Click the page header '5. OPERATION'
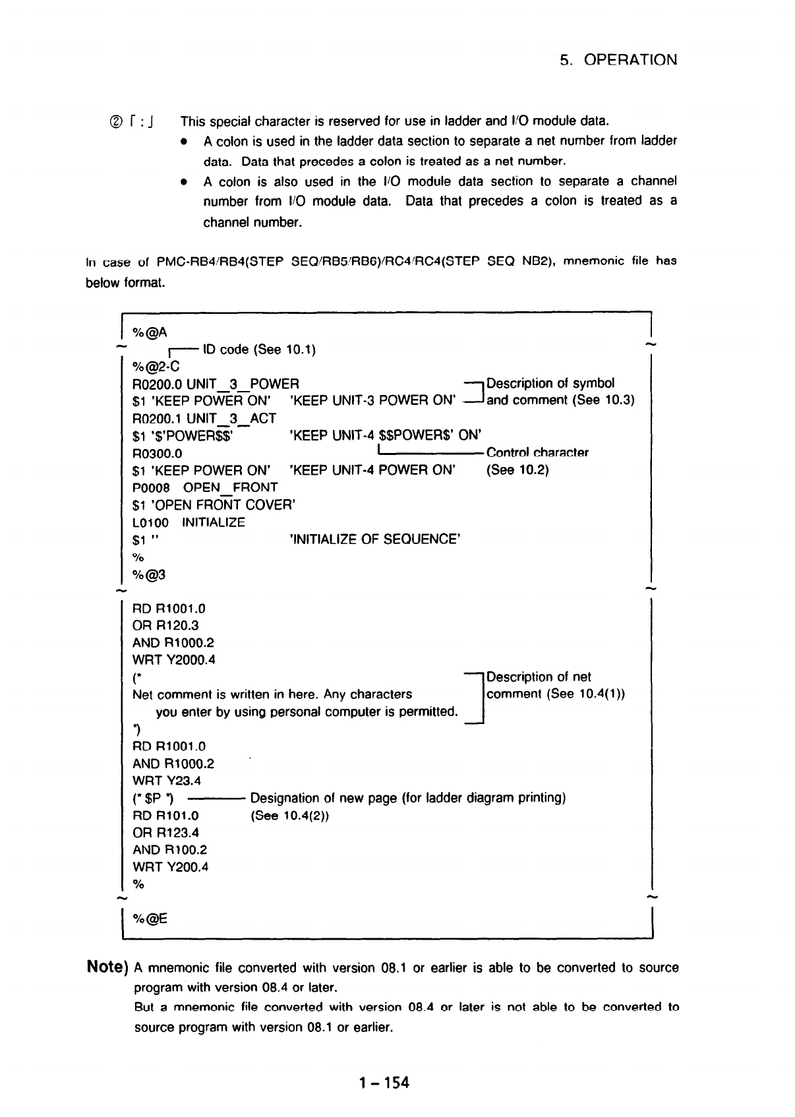click(x=618, y=60)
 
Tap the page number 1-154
click(x=384, y=1082)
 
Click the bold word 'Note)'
click(x=107, y=968)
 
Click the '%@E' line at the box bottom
click(x=150, y=918)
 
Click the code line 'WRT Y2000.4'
click(x=174, y=660)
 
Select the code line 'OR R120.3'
click(x=165, y=626)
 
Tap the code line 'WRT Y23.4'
click(x=167, y=781)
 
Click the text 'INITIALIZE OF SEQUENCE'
click(x=374, y=539)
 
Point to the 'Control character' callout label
click(x=537, y=452)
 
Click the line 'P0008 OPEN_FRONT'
click(x=205, y=487)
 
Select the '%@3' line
click(x=149, y=574)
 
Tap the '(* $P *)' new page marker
click(x=153, y=799)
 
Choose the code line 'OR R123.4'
click(x=165, y=833)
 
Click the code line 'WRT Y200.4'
click(x=171, y=867)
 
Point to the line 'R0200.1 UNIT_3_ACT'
click(x=204, y=418)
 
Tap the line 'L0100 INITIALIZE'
click(x=189, y=522)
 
